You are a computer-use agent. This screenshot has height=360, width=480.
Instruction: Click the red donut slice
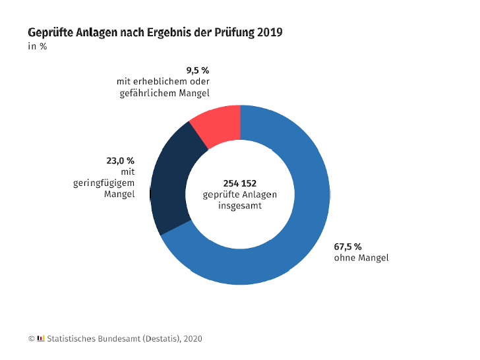pos(218,125)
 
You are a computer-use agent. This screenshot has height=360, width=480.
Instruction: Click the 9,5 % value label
pos(198,71)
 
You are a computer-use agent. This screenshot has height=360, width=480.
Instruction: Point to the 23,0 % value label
pos(120,161)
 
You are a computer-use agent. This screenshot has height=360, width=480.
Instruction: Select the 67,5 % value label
pos(347,247)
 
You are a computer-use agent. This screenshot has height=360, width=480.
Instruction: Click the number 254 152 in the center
pos(240,183)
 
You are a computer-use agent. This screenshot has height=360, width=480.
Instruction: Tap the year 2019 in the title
pos(270,32)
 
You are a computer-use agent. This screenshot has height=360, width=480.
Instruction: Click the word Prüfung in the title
pos(234,32)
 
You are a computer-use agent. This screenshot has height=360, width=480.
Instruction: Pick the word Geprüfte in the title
pos(51,32)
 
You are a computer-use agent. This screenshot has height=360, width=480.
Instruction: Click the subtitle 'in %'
pos(38,46)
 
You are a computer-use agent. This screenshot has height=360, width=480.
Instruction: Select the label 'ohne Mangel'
pos(361,258)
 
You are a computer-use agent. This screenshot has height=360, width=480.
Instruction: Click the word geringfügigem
pos(104,183)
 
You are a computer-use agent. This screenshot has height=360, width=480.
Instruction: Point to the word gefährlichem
pos(148,94)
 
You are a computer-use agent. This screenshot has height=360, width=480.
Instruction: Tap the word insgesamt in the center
pos(240,206)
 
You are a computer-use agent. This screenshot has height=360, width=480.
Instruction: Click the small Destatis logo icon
pos(41,338)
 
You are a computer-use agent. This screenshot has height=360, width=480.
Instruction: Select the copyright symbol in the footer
pos(31,339)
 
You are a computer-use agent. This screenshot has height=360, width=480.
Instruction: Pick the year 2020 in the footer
pos(193,339)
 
